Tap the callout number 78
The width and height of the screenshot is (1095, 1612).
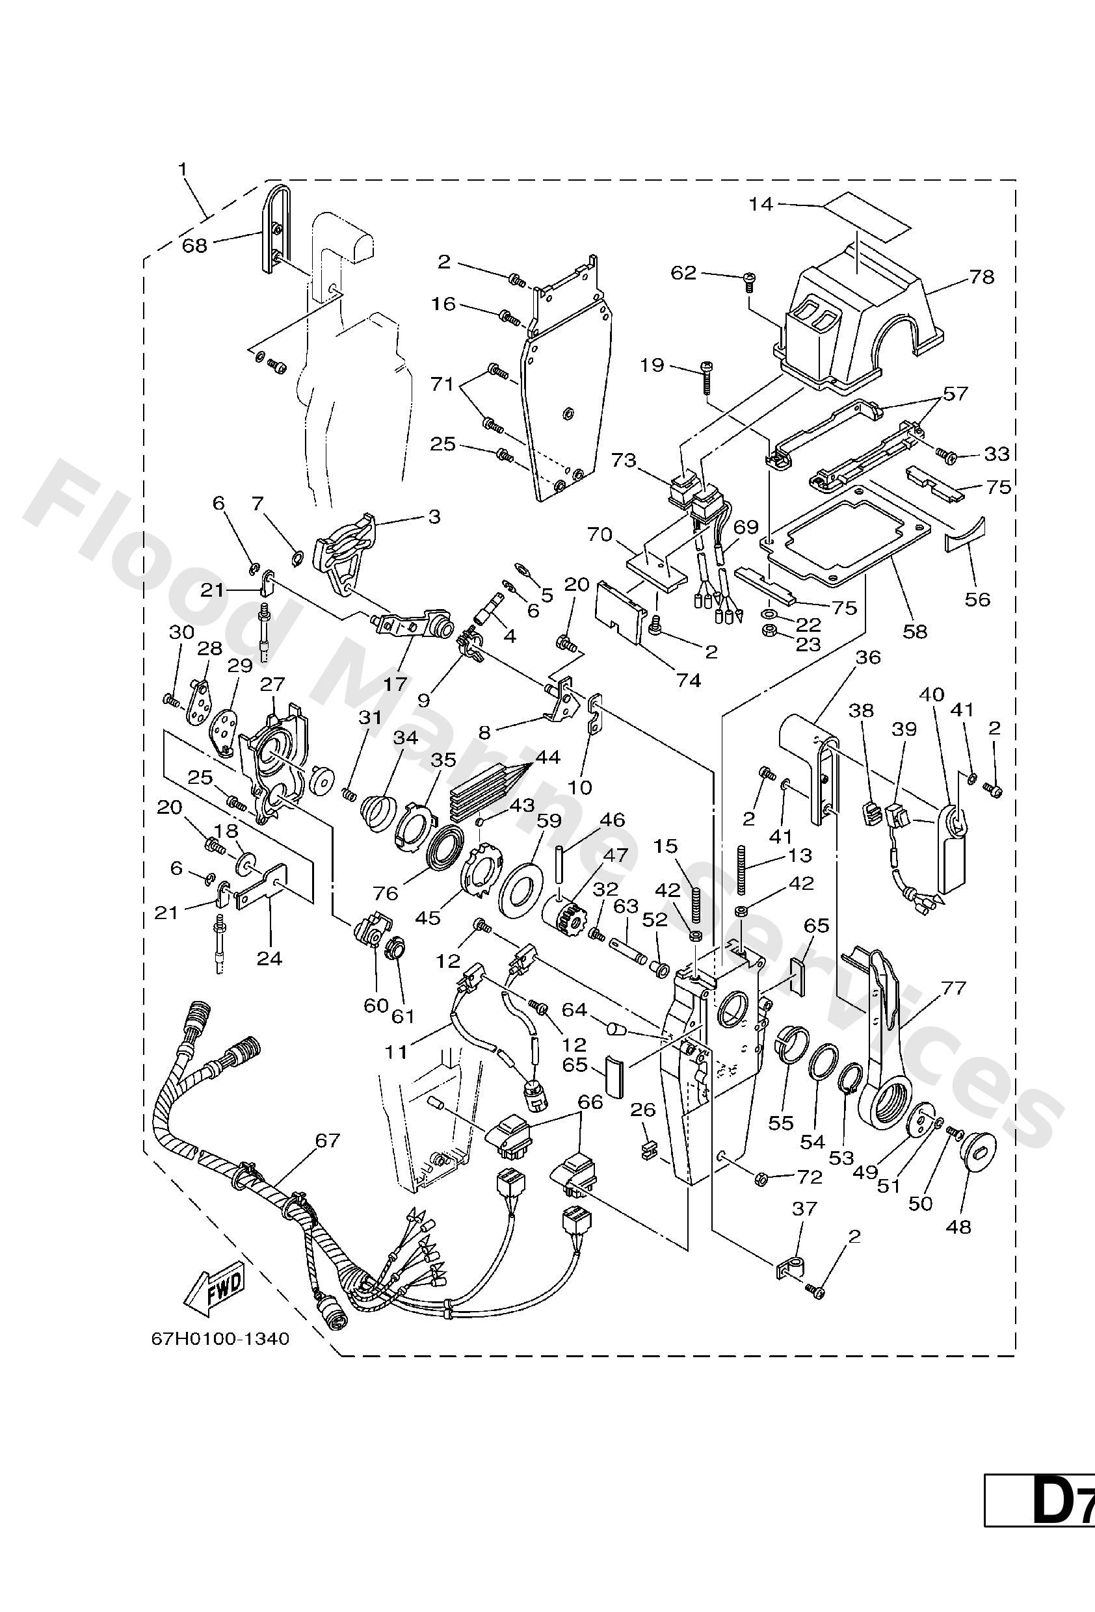click(981, 277)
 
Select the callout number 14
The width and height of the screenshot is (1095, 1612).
click(761, 205)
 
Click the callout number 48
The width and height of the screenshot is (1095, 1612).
click(958, 1227)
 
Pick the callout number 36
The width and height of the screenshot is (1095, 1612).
click(867, 657)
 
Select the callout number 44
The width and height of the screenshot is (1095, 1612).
click(547, 756)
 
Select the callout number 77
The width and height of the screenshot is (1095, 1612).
click(953, 988)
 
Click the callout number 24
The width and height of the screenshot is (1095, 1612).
click(270, 959)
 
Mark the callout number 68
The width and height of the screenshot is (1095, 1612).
click(195, 246)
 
